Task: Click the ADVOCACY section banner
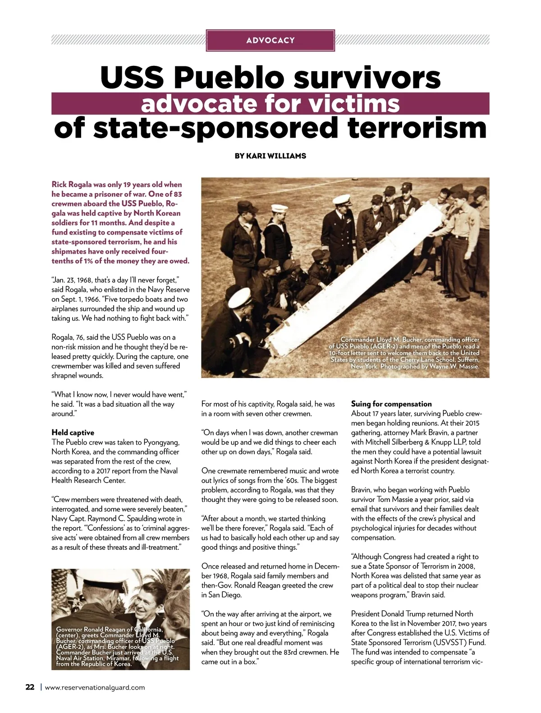point(270,40)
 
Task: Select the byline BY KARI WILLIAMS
point(270,156)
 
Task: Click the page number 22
point(30,687)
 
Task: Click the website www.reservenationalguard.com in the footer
point(95,687)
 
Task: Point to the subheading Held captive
point(73,432)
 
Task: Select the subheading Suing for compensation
point(391,404)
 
